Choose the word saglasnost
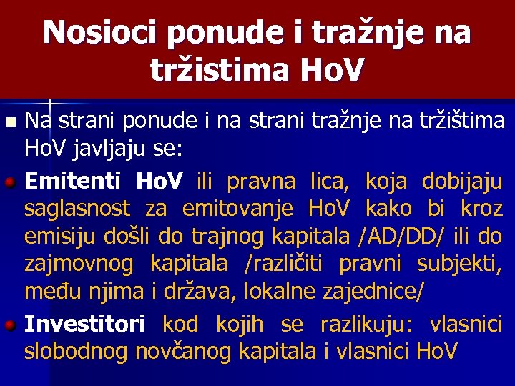tap(77, 209)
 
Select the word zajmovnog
tap(79, 264)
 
